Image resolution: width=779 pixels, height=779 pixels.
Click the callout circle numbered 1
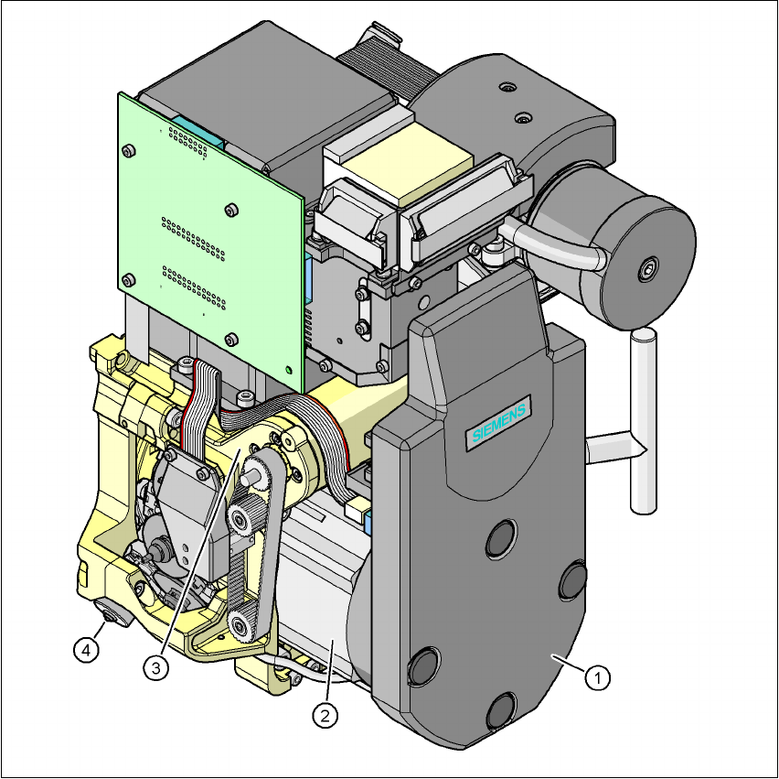coord(597,677)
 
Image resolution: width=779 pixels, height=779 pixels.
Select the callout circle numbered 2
coord(325,715)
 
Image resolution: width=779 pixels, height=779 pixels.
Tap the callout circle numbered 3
coord(156,667)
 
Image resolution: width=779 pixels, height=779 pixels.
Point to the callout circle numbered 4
coord(86,650)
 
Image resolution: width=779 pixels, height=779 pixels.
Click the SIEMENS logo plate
coord(498,423)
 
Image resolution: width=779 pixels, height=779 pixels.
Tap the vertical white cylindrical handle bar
coord(644,420)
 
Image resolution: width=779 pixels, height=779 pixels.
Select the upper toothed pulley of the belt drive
coord(241,516)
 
